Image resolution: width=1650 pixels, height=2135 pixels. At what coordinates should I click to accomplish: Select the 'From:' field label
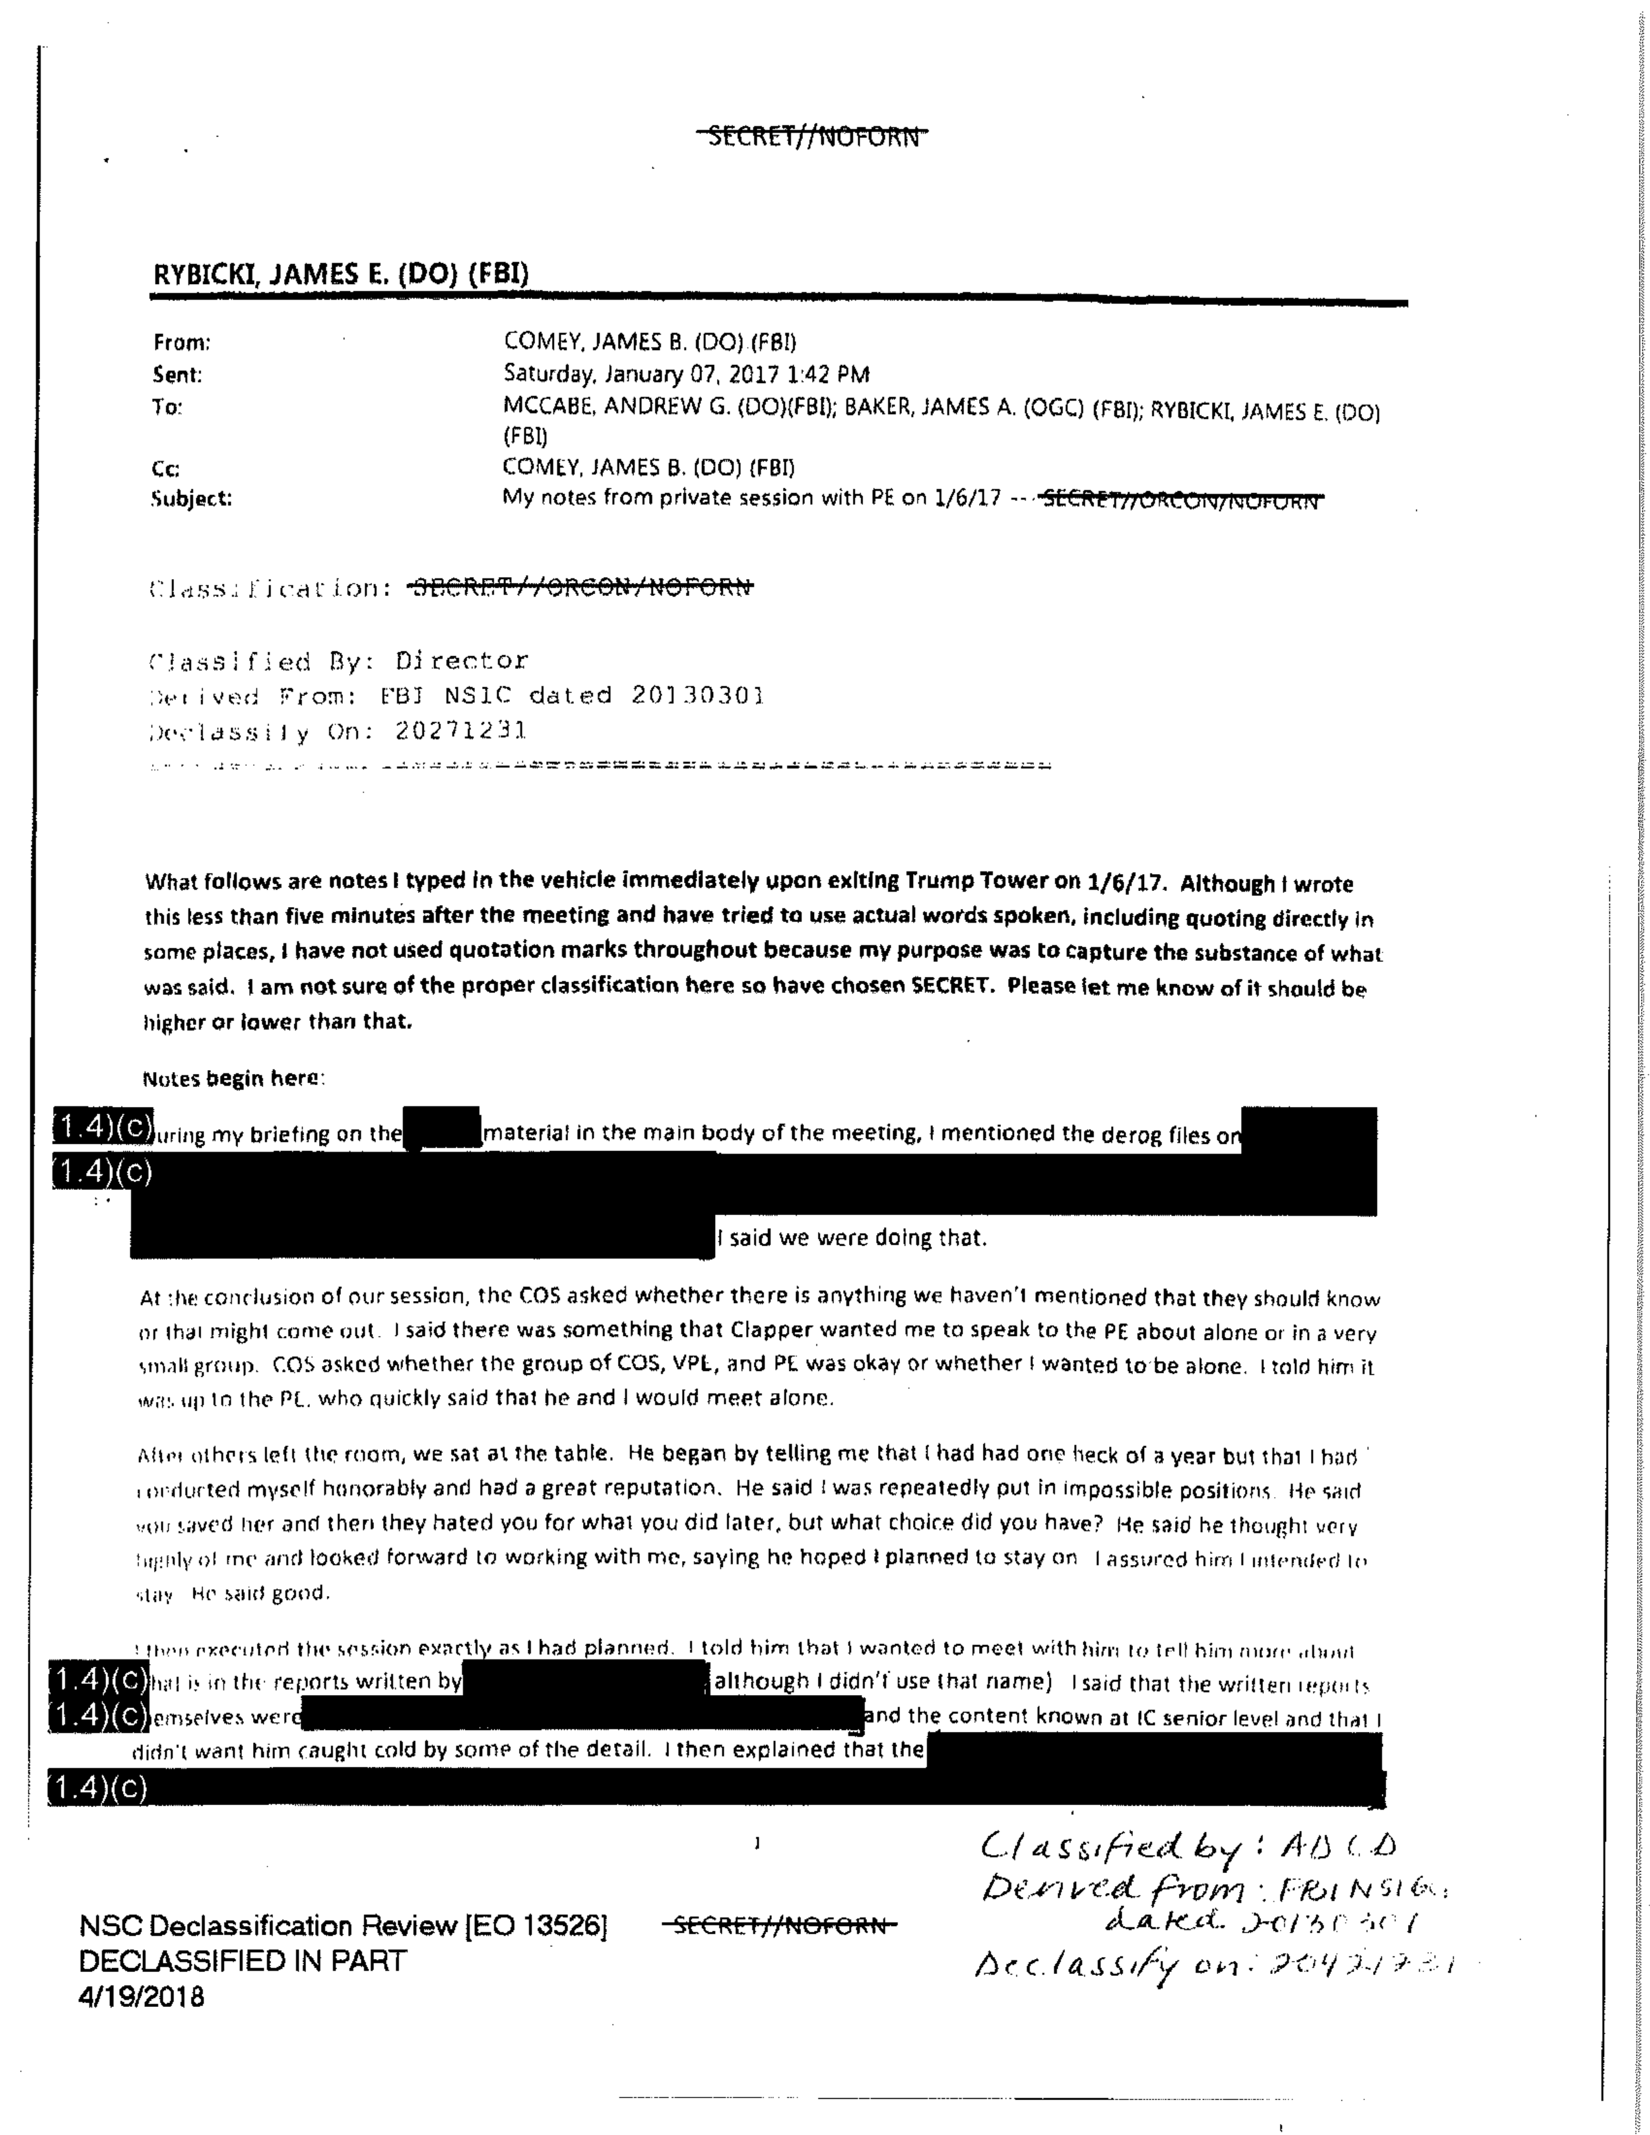pos(182,342)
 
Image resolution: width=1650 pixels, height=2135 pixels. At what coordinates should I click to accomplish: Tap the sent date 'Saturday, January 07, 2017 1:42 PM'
pos(685,375)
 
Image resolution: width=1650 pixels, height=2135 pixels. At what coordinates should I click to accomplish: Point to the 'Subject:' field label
pos(192,499)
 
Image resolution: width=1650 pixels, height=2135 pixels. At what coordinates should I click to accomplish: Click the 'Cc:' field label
pos(166,468)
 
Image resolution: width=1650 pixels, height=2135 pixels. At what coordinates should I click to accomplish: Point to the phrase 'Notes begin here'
pos(231,1078)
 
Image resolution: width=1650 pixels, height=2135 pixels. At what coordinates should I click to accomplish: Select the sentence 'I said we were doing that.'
pos(852,1238)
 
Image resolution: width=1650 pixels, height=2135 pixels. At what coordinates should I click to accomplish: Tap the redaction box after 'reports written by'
pos(584,1681)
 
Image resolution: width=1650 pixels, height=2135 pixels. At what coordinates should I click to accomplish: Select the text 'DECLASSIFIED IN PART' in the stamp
pos(243,1961)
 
